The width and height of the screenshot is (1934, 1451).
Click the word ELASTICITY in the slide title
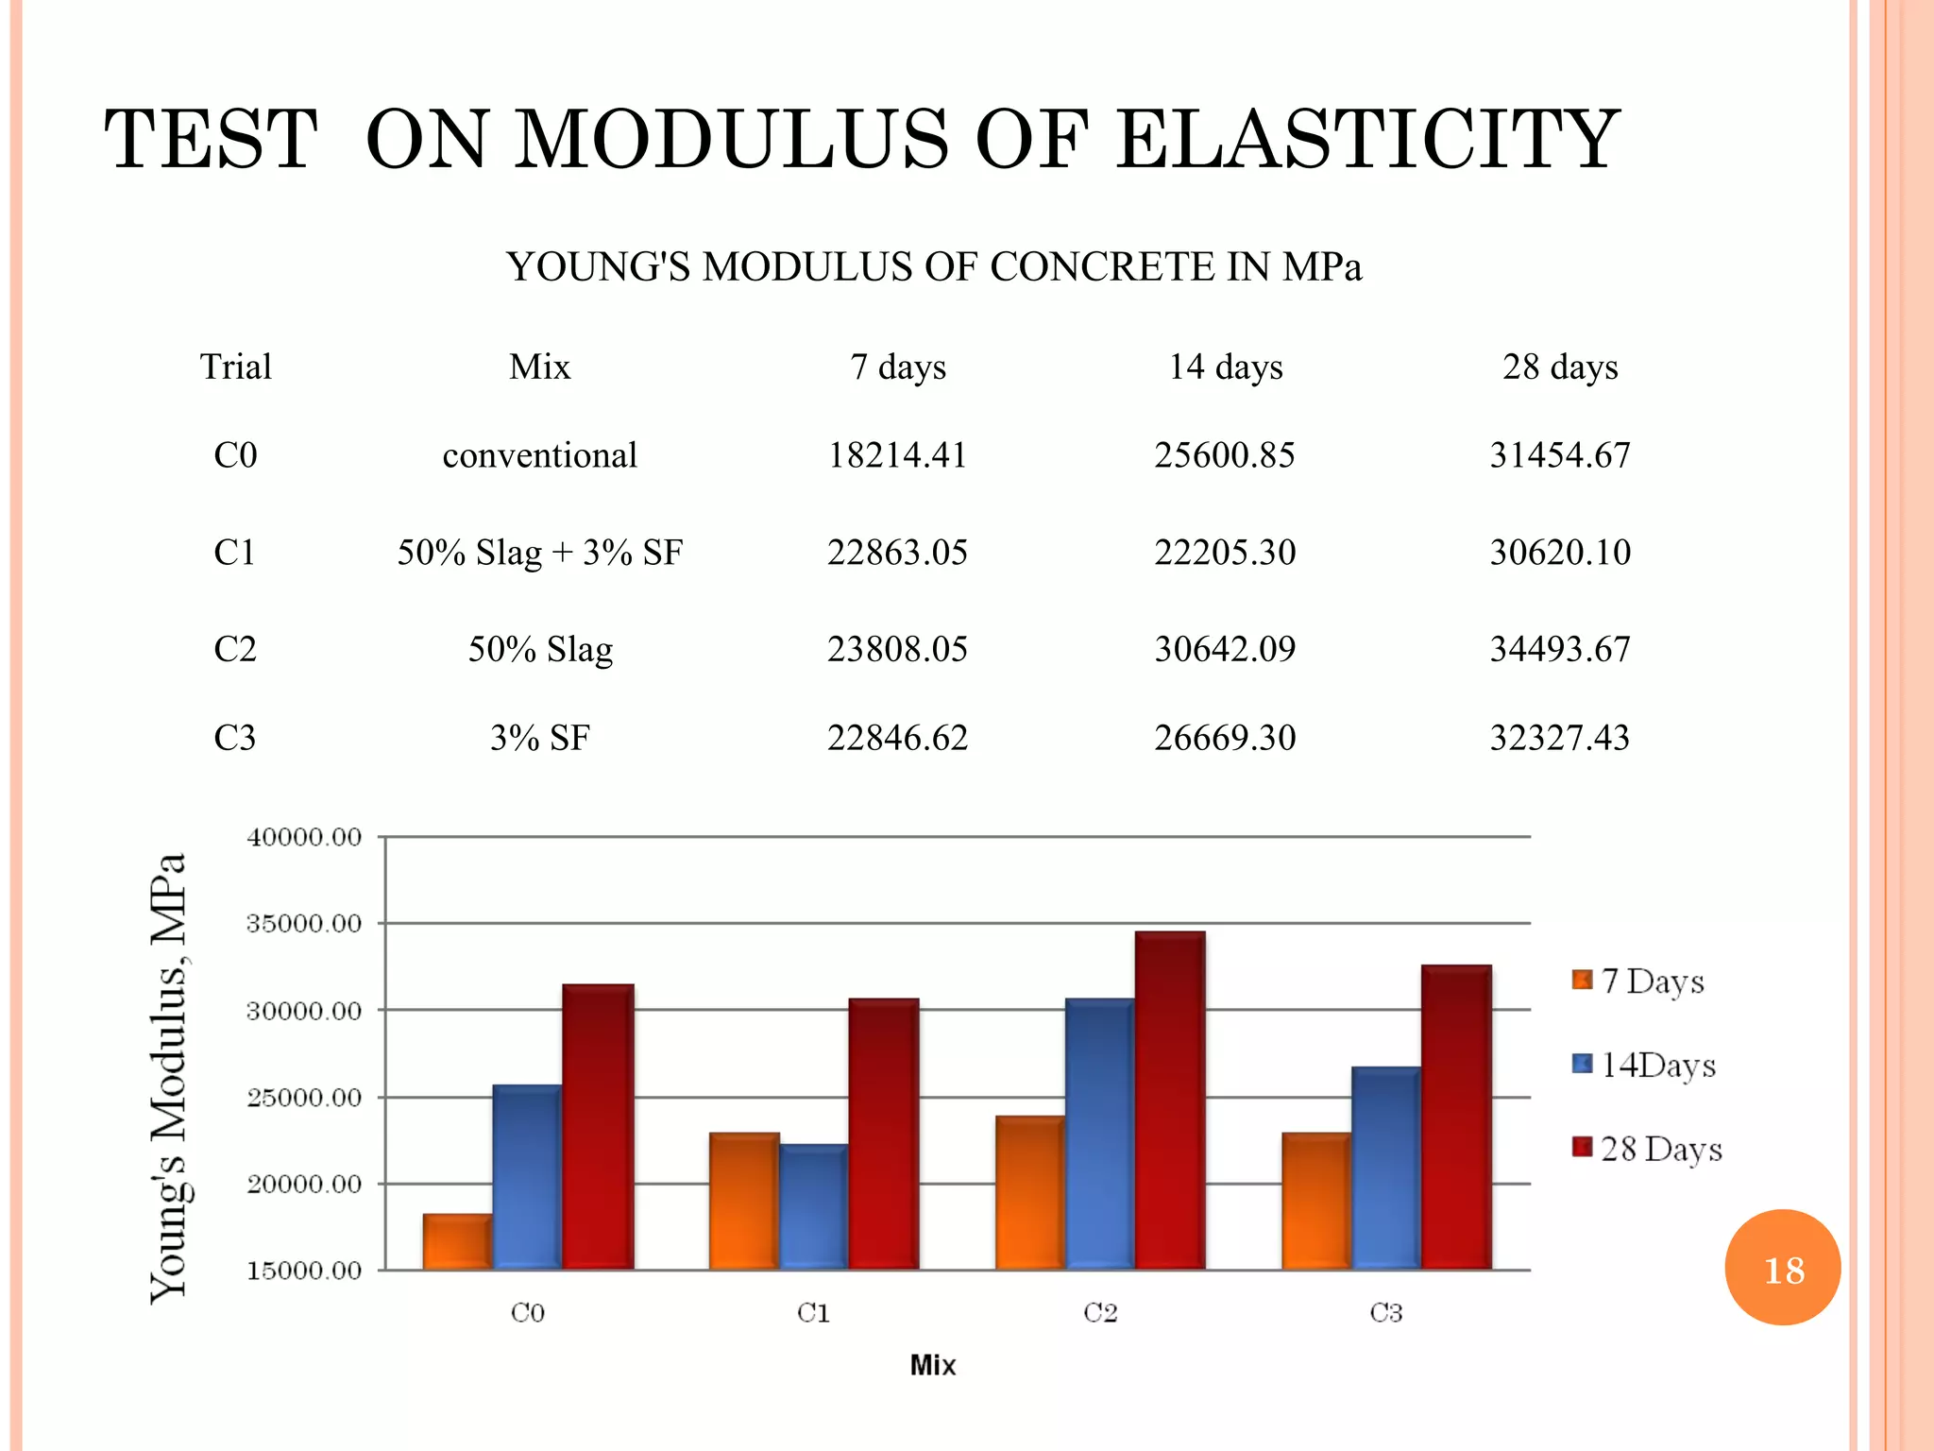point(1367,140)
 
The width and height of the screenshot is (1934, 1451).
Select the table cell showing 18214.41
point(897,455)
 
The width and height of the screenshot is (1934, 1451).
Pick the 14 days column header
point(1226,367)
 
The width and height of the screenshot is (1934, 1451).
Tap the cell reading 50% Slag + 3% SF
point(539,553)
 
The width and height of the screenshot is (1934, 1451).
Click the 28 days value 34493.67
point(1560,649)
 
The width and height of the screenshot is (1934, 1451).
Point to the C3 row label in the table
point(235,738)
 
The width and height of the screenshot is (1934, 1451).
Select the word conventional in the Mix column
point(539,455)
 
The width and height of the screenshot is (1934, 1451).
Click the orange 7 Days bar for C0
point(457,1241)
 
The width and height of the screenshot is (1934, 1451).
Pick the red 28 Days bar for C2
point(1170,1101)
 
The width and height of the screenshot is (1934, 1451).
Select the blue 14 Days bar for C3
point(1385,1168)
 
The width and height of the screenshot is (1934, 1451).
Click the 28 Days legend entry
point(1648,1149)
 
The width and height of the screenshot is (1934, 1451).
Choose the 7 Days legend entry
point(1639,982)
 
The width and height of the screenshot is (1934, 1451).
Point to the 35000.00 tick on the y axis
point(304,924)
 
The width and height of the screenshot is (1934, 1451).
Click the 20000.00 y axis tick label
point(304,1185)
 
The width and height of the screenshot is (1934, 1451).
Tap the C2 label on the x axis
point(1100,1313)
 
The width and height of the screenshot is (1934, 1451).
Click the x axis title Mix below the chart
point(933,1365)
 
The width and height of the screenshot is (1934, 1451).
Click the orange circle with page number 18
point(1782,1268)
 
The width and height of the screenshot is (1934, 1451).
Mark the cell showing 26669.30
point(1226,738)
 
